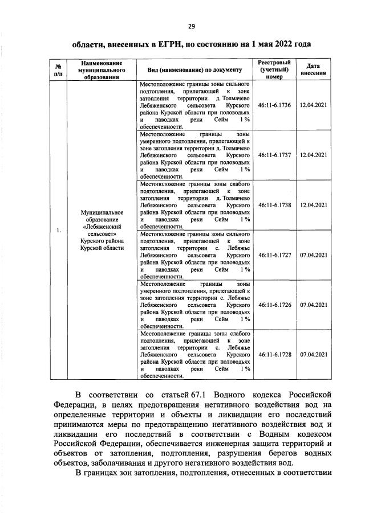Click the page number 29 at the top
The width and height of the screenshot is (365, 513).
pos(192,25)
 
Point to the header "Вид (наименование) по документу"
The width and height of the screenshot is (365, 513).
pos(195,69)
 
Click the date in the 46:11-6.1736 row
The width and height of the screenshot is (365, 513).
pos(313,105)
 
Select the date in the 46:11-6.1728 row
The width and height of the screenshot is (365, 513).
pos(313,354)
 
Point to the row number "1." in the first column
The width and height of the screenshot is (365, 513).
pos(58,231)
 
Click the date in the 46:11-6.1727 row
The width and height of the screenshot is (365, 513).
pos(313,255)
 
